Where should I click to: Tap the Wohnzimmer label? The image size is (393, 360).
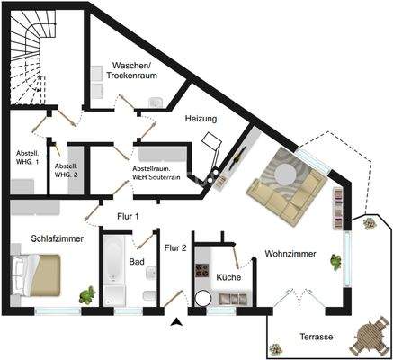tap(290, 255)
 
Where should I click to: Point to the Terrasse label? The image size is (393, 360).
tap(316, 336)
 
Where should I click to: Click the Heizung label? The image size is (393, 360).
tap(201, 118)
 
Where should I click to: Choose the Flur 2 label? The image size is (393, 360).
tap(175, 247)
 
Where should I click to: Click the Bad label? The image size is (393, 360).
tap(137, 262)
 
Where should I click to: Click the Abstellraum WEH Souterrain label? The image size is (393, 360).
tap(156, 174)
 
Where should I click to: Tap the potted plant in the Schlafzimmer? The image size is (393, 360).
tap(87, 294)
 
